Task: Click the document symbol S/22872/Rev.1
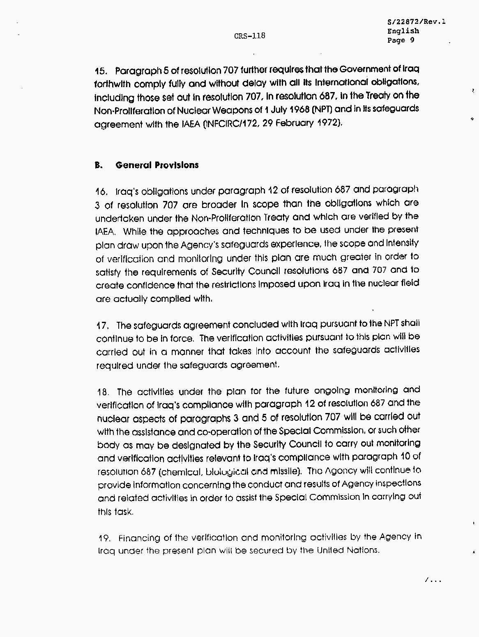point(416,22)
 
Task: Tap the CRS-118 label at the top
point(250,36)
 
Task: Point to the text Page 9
point(401,40)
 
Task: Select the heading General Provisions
point(157,165)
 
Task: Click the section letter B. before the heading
point(99,166)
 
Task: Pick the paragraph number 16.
point(101,192)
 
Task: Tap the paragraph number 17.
point(102,326)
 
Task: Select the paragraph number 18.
point(103,392)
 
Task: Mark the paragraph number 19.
point(104,538)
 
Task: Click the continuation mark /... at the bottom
point(433,580)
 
